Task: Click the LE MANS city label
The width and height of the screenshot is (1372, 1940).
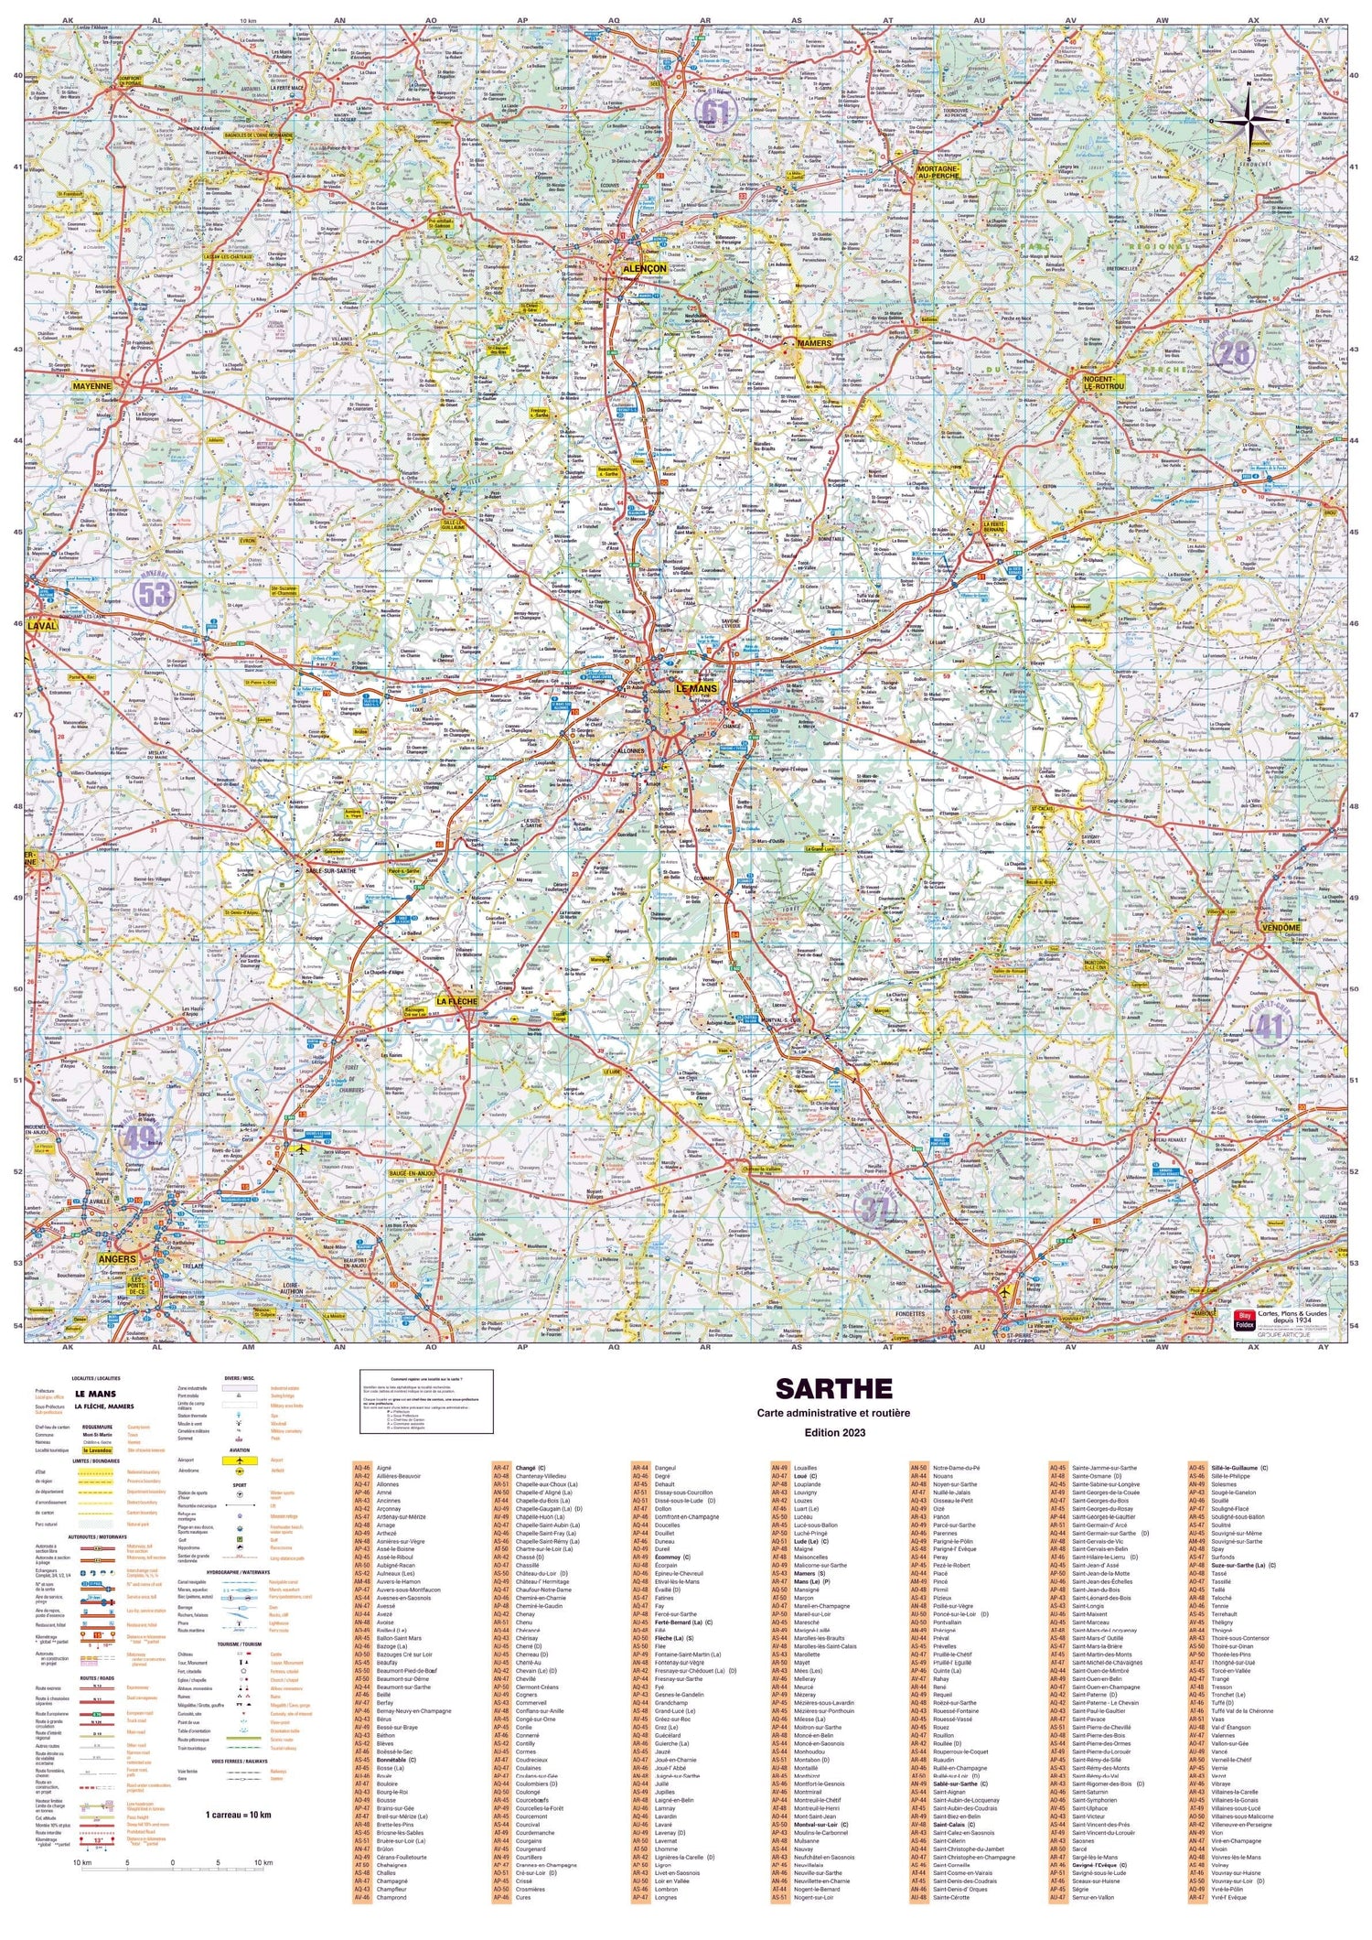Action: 697,688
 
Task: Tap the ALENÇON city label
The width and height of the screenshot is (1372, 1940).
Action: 644,269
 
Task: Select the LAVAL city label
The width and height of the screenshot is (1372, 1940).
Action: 43,626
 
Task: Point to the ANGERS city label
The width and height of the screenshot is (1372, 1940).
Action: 117,1259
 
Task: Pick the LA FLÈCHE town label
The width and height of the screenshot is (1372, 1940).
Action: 457,1001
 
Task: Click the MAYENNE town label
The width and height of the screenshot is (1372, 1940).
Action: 91,386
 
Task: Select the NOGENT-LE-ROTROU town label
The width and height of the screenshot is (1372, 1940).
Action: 1103,382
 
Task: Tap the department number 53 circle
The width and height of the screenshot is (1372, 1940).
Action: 153,594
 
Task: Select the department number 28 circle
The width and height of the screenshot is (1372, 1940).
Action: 1234,352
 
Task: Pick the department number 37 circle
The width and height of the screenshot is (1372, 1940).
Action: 874,1210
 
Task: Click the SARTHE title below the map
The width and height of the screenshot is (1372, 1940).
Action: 833,1388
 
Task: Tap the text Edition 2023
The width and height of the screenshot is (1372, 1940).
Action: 833,1432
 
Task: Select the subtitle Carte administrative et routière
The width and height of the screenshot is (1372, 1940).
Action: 833,1413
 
